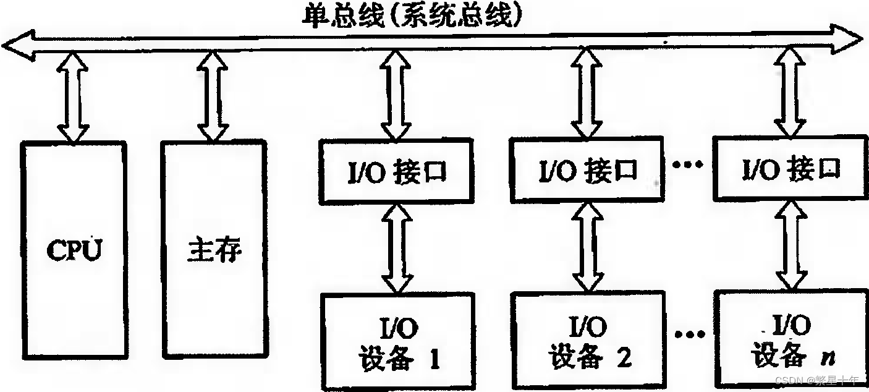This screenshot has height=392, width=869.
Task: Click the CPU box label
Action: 74,250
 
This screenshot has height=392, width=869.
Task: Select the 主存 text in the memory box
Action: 214,250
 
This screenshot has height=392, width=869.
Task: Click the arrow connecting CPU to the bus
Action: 74,98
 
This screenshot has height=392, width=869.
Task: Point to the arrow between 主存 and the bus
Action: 214,98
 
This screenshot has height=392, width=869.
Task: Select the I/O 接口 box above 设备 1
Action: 397,172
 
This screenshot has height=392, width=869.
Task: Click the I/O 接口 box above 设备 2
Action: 588,171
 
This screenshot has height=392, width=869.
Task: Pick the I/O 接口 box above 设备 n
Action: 791,168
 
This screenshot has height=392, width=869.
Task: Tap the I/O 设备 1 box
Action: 398,343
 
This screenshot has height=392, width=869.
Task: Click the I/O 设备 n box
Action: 789,339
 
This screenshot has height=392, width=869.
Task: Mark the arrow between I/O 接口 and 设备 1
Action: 397,248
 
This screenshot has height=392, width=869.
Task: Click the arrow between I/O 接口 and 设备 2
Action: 587,247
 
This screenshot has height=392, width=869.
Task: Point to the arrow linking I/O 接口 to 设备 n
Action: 791,245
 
